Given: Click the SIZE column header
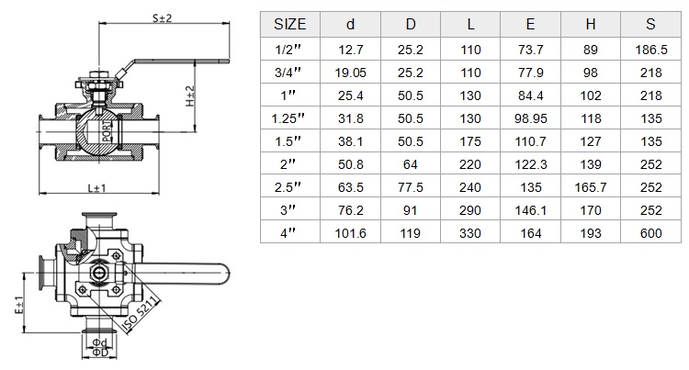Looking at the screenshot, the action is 289,24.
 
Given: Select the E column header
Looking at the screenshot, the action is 530,24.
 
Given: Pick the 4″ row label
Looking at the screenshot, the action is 288,233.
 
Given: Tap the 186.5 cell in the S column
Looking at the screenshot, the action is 650,50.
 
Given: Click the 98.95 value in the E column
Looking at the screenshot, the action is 530,118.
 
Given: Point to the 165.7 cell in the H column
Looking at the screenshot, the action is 591,187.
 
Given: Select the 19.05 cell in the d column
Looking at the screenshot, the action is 350,73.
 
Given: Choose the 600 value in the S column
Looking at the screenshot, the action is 650,233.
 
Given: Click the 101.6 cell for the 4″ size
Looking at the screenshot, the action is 350,233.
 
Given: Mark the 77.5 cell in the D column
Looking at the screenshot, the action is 411,187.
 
